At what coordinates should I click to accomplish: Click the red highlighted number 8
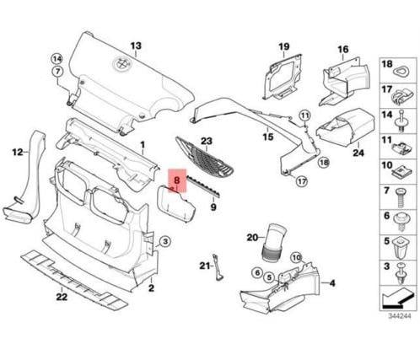click(x=177, y=180)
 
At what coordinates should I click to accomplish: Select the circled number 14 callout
click(x=57, y=59)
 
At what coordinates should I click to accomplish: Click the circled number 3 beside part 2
click(x=165, y=241)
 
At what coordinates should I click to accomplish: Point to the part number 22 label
click(x=62, y=297)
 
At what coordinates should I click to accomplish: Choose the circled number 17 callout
click(x=302, y=181)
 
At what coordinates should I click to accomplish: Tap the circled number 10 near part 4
click(x=296, y=257)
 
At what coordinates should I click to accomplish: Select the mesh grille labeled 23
click(x=204, y=159)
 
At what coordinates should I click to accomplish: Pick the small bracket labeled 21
click(x=218, y=267)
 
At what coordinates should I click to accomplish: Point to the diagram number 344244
click(x=400, y=316)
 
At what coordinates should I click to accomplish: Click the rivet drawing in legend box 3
click(x=401, y=273)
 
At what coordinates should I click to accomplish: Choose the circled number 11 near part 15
click(x=305, y=116)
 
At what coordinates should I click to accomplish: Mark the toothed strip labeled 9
click(x=203, y=185)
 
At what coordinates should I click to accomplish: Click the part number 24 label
click(x=358, y=153)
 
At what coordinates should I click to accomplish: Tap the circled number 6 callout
click(x=257, y=272)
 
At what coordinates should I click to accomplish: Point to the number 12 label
click(x=18, y=153)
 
